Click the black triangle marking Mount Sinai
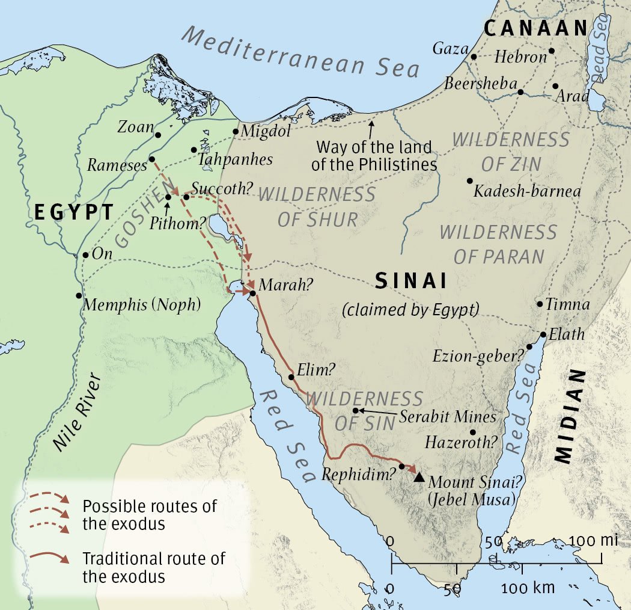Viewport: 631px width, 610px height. click(419, 477)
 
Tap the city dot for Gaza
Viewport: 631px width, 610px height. click(474, 57)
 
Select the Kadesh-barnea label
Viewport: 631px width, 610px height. click(527, 192)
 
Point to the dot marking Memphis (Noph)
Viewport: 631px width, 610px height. click(79, 295)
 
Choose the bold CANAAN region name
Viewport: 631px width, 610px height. click(535, 28)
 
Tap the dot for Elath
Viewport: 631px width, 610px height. click(543, 334)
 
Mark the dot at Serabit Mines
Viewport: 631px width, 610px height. click(356, 410)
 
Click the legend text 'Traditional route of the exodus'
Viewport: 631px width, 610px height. click(153, 567)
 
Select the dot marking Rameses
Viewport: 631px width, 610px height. click(152, 159)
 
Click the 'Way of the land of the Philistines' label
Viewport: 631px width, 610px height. click(376, 155)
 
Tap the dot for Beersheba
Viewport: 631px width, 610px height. click(520, 93)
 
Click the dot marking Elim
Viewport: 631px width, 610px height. click(291, 377)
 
